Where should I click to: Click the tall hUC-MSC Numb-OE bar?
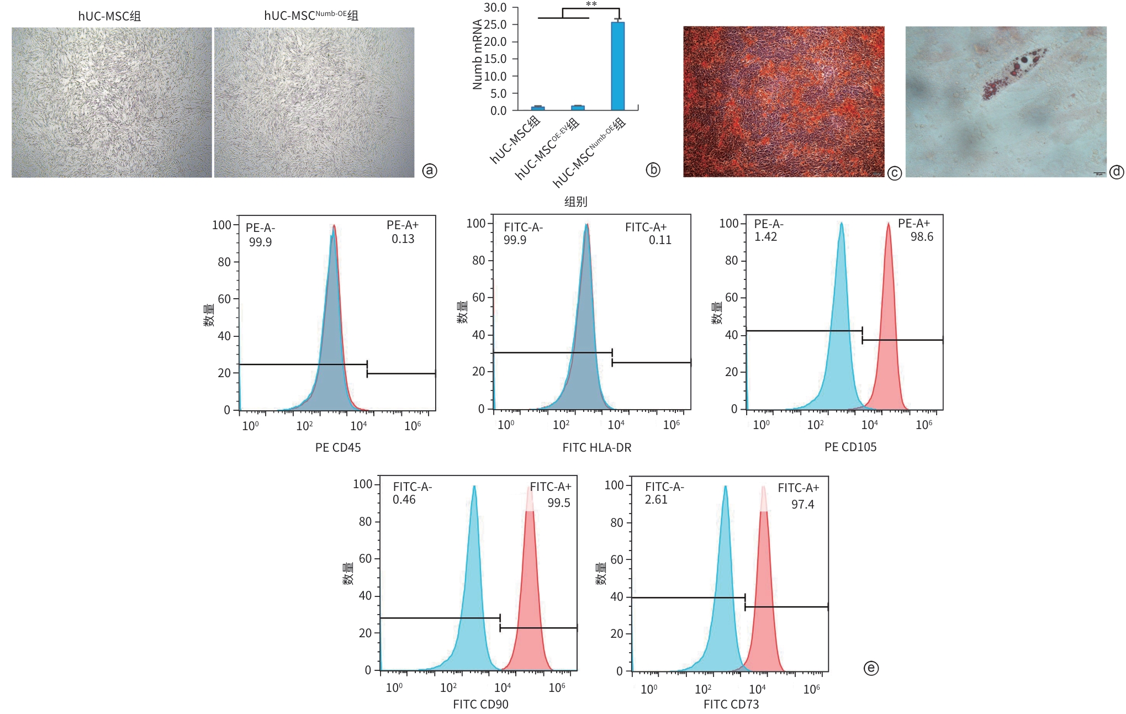(617, 66)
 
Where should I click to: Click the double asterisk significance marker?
(591, 5)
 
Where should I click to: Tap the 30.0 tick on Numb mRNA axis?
(495, 8)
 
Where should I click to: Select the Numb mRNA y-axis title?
(477, 54)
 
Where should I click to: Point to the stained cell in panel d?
(1013, 75)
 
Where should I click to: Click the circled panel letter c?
(894, 173)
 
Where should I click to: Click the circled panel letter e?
(870, 668)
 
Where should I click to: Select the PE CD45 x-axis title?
(338, 447)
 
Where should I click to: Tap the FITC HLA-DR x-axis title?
(596, 447)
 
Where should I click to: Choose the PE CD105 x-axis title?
(850, 447)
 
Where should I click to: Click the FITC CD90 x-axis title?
(480, 704)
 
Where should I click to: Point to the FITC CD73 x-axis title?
(731, 704)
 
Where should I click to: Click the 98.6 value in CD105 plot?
(922, 237)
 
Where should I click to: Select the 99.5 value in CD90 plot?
(558, 503)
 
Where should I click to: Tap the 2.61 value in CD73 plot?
(656, 500)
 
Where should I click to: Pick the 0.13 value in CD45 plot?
(403, 239)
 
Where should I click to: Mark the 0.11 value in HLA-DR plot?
(660, 240)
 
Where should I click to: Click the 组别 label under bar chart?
(575, 202)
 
